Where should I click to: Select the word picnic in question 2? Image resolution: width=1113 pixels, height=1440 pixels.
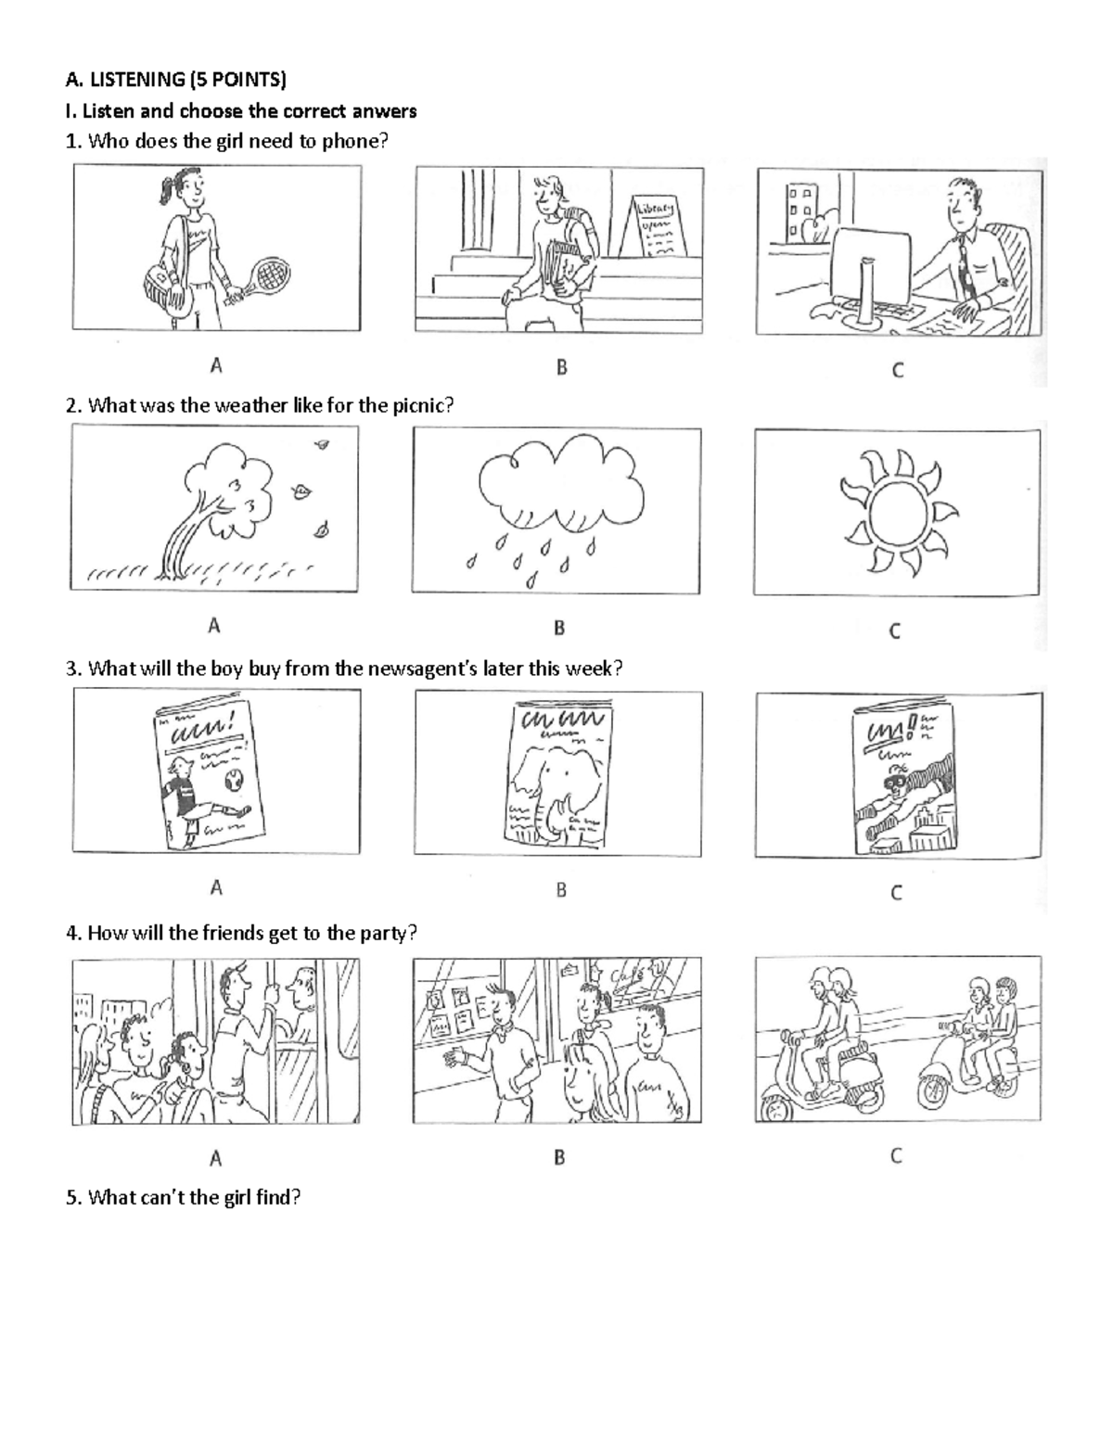tap(417, 405)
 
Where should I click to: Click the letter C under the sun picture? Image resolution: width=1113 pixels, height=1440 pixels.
tap(895, 631)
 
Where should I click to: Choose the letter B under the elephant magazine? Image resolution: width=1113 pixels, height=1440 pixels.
tap(560, 890)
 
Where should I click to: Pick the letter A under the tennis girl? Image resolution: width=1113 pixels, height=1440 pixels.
tap(215, 365)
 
